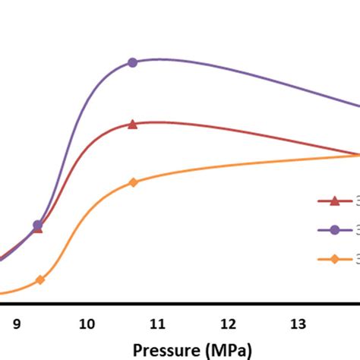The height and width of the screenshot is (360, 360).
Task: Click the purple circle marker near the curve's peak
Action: click(x=132, y=62)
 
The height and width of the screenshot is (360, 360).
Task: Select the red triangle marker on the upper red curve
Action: click(x=132, y=124)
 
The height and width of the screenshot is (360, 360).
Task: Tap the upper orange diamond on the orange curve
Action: click(x=133, y=182)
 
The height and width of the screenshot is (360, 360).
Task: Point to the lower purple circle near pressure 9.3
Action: click(x=37, y=225)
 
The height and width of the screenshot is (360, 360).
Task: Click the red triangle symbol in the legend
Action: click(x=333, y=201)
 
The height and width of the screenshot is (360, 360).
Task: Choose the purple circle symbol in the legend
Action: click(x=333, y=230)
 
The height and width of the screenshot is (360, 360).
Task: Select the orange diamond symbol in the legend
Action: click(x=333, y=259)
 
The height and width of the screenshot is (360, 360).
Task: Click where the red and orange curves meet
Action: click(x=357, y=155)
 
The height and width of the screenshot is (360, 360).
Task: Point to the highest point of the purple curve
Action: click(x=161, y=58)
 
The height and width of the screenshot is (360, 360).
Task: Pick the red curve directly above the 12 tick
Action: click(x=228, y=131)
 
